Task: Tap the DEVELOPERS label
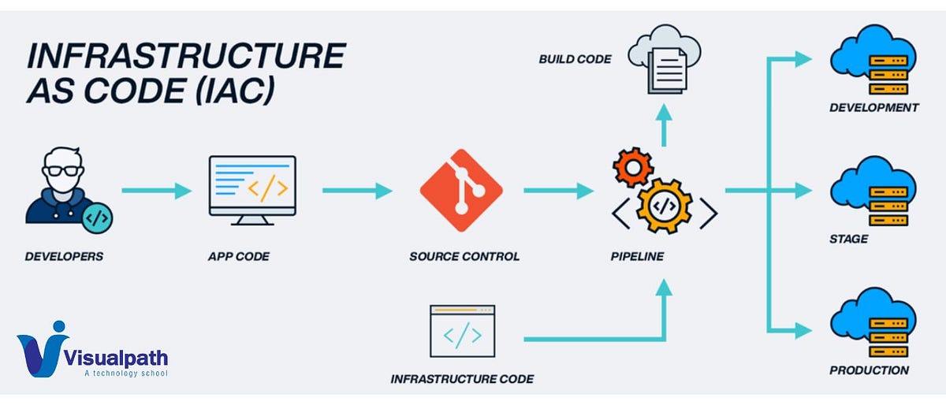64,256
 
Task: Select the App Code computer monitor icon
252,190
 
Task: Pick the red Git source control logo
461,189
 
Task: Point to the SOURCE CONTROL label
464,256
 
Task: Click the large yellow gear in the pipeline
665,205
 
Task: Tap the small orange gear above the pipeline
628,167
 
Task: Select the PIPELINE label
637,256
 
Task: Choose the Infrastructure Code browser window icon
462,332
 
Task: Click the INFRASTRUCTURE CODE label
462,379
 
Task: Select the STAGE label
848,239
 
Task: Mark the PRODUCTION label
869,370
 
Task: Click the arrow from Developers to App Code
157,191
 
